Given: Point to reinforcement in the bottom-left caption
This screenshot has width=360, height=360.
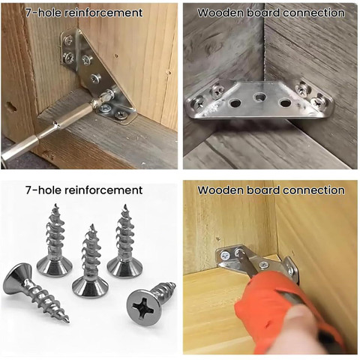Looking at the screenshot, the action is (x=103, y=190).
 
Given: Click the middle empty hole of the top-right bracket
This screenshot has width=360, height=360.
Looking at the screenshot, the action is (x=260, y=97).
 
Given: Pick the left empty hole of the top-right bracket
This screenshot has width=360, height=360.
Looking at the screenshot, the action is (x=235, y=103).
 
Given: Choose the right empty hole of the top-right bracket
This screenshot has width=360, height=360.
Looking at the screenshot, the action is (x=285, y=103).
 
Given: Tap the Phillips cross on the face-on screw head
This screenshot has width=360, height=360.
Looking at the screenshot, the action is (x=143, y=307).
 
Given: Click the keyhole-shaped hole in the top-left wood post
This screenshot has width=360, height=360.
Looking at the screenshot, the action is (x=10, y=107).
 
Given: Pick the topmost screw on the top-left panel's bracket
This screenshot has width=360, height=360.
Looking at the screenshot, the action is (x=68, y=40).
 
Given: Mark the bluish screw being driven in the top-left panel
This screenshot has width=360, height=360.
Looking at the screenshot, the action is (x=104, y=108).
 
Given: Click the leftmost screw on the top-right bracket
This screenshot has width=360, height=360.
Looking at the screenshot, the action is (x=199, y=103).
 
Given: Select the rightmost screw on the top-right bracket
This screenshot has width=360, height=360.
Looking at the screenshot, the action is (x=319, y=100).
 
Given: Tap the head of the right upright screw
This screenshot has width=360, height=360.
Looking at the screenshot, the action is (x=125, y=267).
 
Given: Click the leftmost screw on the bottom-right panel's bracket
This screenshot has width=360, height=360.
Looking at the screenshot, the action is (x=226, y=256).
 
